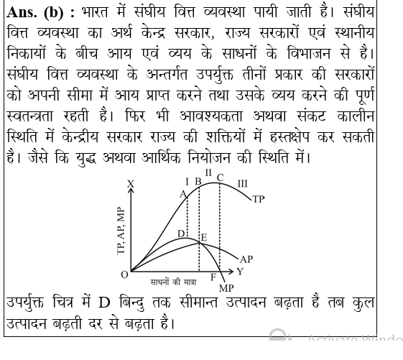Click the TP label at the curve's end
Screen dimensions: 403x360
258,198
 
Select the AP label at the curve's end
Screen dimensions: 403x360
246,259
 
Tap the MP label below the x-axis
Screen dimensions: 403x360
226,287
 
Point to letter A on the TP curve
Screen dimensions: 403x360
182,194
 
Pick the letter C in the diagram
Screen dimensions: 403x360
220,178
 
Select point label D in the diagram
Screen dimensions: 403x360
180,234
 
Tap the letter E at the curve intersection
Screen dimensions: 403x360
204,237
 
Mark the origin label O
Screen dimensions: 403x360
124,274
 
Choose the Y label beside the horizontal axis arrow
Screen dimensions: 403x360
240,272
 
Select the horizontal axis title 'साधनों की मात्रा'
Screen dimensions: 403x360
172,281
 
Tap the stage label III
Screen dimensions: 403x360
242,184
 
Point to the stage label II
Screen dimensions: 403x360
208,172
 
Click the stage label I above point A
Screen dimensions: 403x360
187,181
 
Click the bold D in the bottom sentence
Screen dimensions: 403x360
103,303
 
